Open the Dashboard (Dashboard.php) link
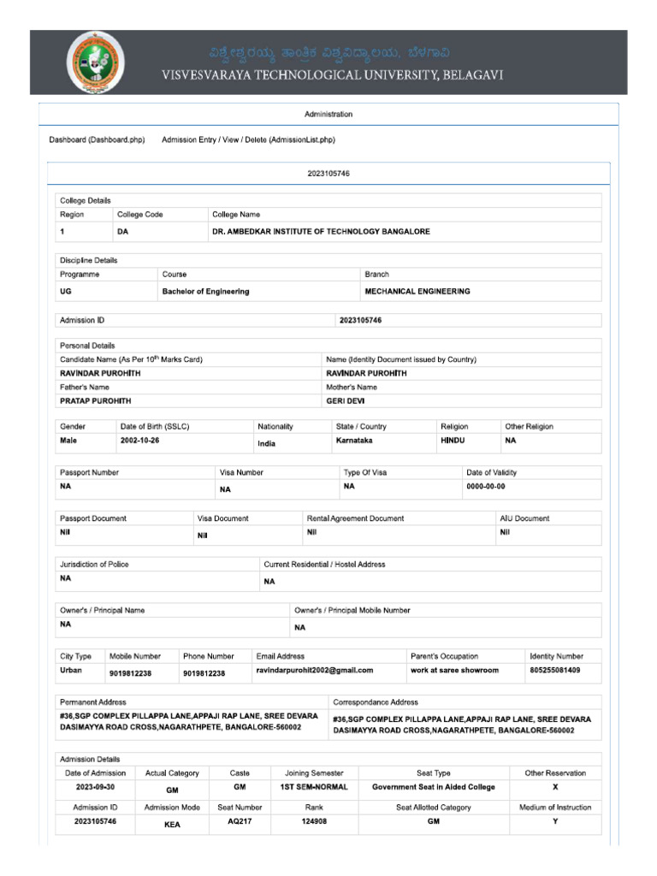pos(97,139)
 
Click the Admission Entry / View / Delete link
pos(248,139)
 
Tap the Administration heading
pos(328,114)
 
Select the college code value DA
pos(122,232)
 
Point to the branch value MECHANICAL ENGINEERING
pos(417,292)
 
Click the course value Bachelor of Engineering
pos(205,292)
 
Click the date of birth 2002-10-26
pos(139,441)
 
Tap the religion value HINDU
pos(453,441)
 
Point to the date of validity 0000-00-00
pos(485,487)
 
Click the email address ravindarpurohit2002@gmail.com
pos(314,671)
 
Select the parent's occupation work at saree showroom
pos(454,671)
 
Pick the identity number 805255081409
pos(554,671)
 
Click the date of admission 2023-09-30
pos(96,787)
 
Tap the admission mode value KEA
pos(172,826)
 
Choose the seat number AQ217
pos(240,821)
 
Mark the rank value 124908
pos(314,821)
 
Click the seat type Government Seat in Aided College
pos(433,787)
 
